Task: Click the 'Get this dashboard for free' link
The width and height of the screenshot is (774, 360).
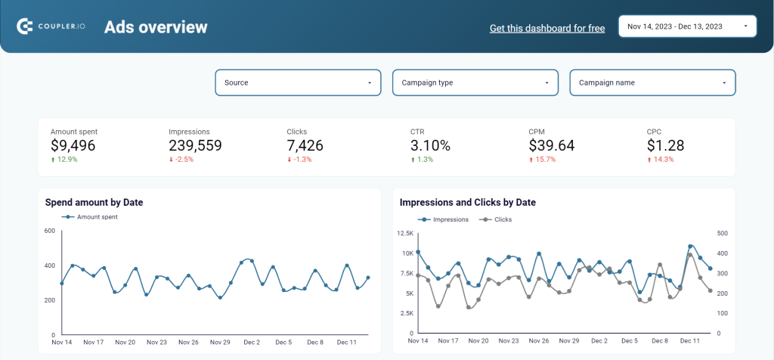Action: coord(547,28)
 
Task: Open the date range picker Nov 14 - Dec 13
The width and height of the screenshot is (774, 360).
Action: coord(687,26)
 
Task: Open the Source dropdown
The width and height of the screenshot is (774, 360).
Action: coord(298,82)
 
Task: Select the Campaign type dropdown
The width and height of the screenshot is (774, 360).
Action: coord(475,82)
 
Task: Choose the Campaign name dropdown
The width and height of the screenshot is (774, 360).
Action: coord(652,82)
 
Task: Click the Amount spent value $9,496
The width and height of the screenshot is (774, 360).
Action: coord(73,145)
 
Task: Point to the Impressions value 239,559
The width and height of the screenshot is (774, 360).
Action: coord(195,145)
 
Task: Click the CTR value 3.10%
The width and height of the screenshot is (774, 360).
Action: coord(430,145)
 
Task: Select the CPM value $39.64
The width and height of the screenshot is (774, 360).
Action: coord(552,145)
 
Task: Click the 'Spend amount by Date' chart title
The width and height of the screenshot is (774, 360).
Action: coord(94,203)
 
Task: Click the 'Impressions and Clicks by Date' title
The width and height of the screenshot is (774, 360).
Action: coord(467,203)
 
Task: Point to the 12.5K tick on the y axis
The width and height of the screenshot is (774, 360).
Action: coord(406,234)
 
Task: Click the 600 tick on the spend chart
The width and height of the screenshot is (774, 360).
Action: coord(49,231)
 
